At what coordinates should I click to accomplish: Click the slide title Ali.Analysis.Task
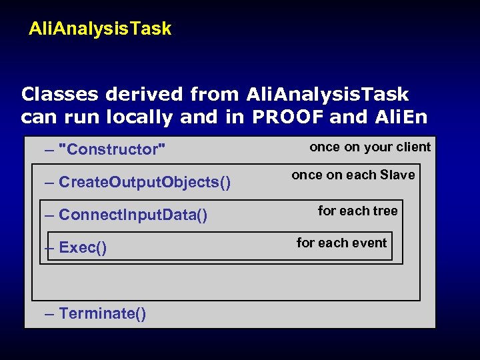[x=100, y=29]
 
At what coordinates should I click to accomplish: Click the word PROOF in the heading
[x=289, y=117]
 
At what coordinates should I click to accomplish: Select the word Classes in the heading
[x=60, y=95]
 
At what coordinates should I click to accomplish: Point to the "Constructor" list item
[x=112, y=149]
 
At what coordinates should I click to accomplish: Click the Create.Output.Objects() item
[x=145, y=182]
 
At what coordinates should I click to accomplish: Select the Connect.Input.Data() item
[x=133, y=215]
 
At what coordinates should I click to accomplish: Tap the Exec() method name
[x=83, y=248]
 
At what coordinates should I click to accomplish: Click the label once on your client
[x=370, y=147]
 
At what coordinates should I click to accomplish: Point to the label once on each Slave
[x=353, y=175]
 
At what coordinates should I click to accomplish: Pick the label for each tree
[x=357, y=211]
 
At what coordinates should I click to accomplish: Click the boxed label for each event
[x=341, y=243]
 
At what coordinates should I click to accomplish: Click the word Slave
[x=397, y=175]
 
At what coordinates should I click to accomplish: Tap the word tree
[x=385, y=211]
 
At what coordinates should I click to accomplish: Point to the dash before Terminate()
[x=49, y=313]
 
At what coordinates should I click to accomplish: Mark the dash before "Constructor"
[x=49, y=149]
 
